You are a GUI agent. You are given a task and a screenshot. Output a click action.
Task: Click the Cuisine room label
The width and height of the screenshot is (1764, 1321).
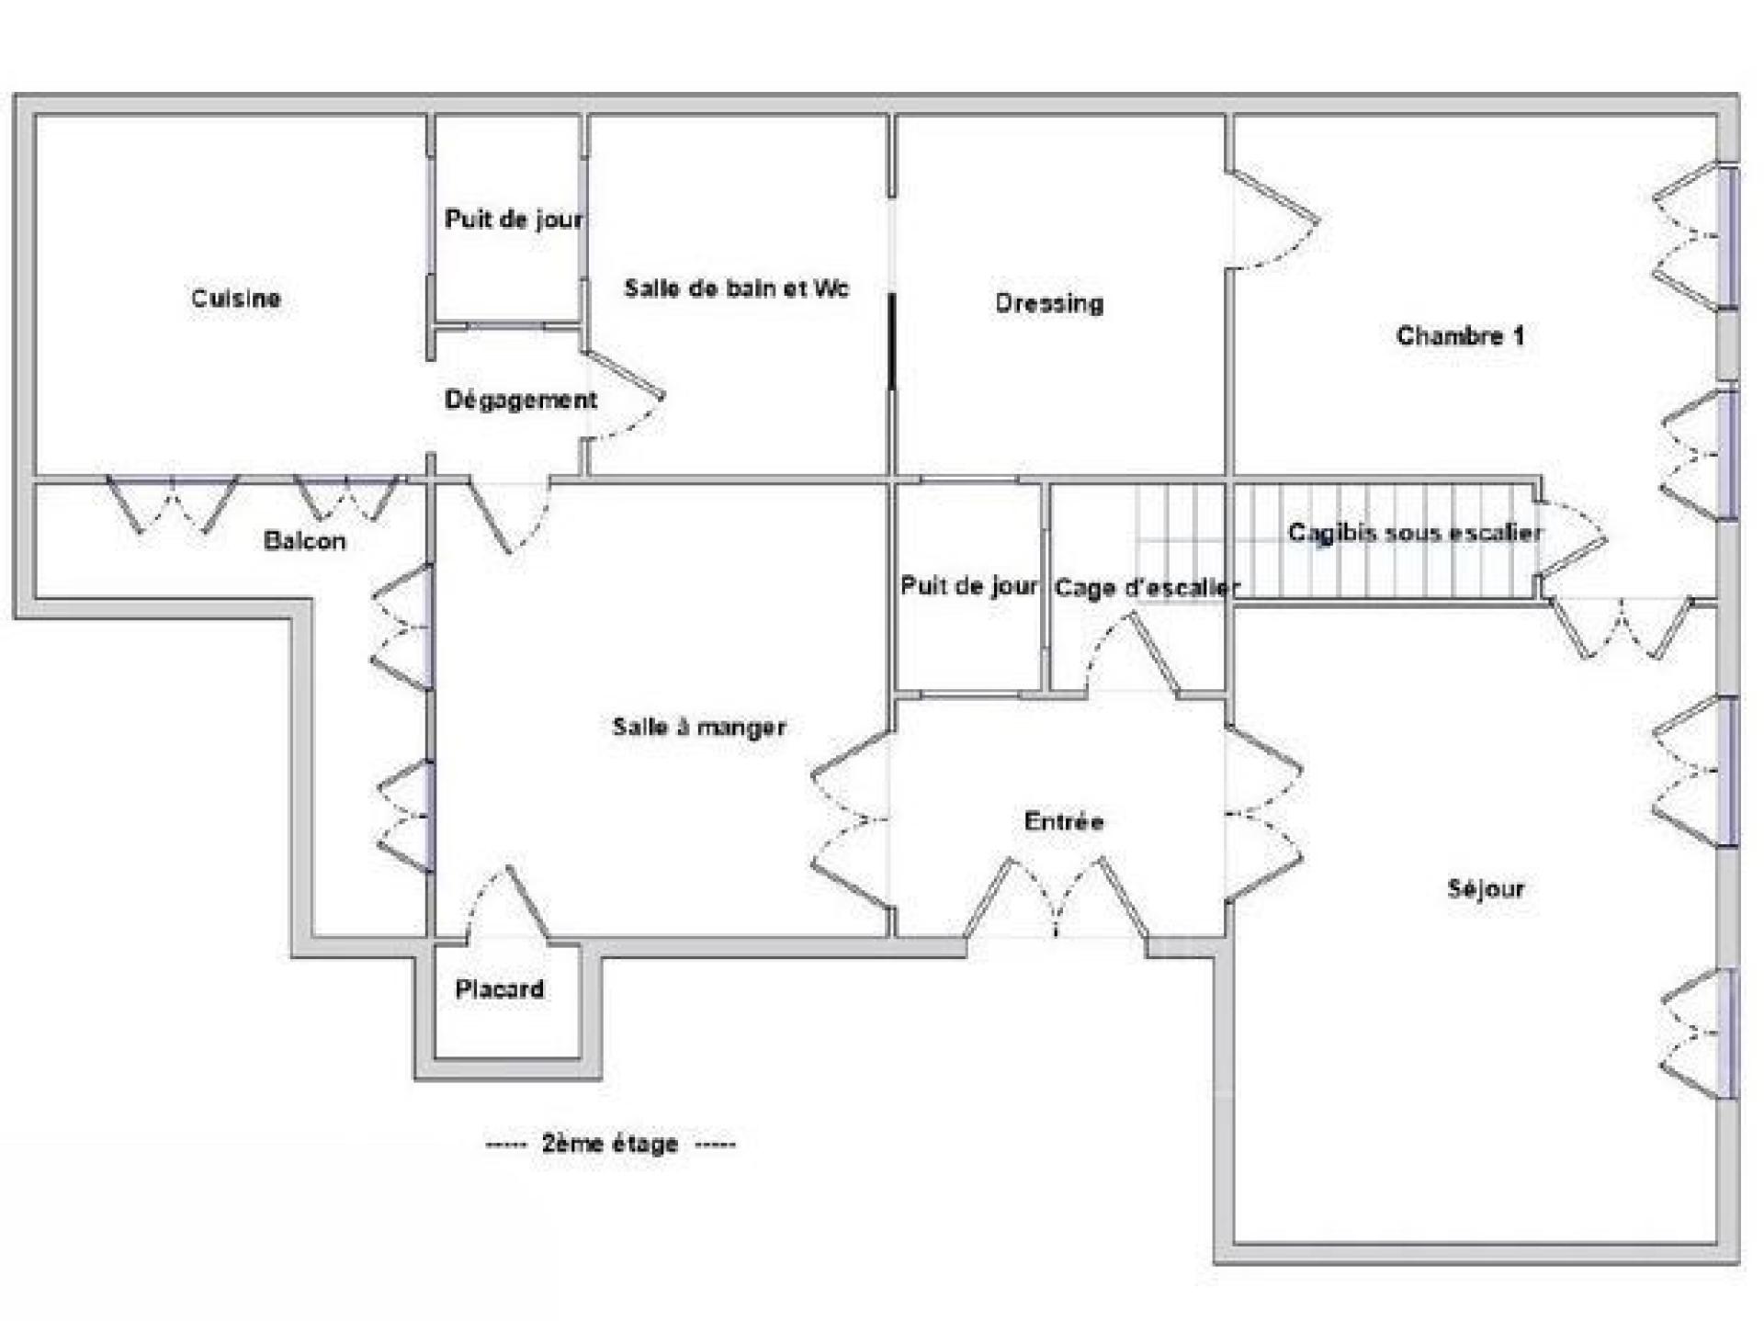click(235, 298)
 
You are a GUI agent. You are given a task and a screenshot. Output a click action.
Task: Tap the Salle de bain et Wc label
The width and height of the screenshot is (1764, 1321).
click(736, 288)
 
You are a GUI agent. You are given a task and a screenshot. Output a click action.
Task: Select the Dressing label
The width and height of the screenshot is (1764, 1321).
click(1049, 303)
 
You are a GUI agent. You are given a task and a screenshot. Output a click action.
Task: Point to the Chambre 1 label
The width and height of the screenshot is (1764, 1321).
click(1460, 336)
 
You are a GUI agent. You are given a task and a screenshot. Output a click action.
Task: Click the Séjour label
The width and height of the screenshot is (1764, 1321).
click(1486, 888)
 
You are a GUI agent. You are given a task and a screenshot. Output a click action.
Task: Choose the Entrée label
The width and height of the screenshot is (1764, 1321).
click(1063, 821)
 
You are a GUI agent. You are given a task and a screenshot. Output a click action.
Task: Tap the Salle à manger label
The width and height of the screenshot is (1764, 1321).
click(699, 727)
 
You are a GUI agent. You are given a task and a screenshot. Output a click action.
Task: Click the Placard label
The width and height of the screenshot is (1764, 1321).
click(500, 989)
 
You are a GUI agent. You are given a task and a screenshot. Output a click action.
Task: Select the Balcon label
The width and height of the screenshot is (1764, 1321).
click(304, 540)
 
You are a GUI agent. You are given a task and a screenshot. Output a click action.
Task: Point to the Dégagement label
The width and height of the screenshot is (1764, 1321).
click(520, 400)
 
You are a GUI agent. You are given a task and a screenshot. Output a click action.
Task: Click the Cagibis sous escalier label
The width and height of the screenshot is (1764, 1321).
click(1414, 533)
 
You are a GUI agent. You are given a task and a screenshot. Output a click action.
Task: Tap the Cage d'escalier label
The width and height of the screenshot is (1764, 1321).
click(1147, 587)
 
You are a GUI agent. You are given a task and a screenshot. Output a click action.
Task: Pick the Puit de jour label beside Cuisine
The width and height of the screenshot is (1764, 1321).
click(513, 219)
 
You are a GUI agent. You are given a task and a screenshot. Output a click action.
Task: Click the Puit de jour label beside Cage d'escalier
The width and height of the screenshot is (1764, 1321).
click(968, 586)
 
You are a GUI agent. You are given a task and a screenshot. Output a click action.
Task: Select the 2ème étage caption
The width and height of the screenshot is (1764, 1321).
click(610, 1144)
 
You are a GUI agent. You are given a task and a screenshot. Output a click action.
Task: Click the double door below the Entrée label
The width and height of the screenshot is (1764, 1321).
click(1057, 900)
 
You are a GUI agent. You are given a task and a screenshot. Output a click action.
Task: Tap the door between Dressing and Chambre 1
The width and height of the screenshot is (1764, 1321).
click(1272, 220)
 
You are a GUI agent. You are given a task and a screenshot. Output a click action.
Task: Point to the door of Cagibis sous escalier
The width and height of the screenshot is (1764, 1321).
click(1571, 538)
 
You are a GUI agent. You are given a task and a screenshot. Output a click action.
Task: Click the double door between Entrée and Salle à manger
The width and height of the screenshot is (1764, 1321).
click(850, 818)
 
